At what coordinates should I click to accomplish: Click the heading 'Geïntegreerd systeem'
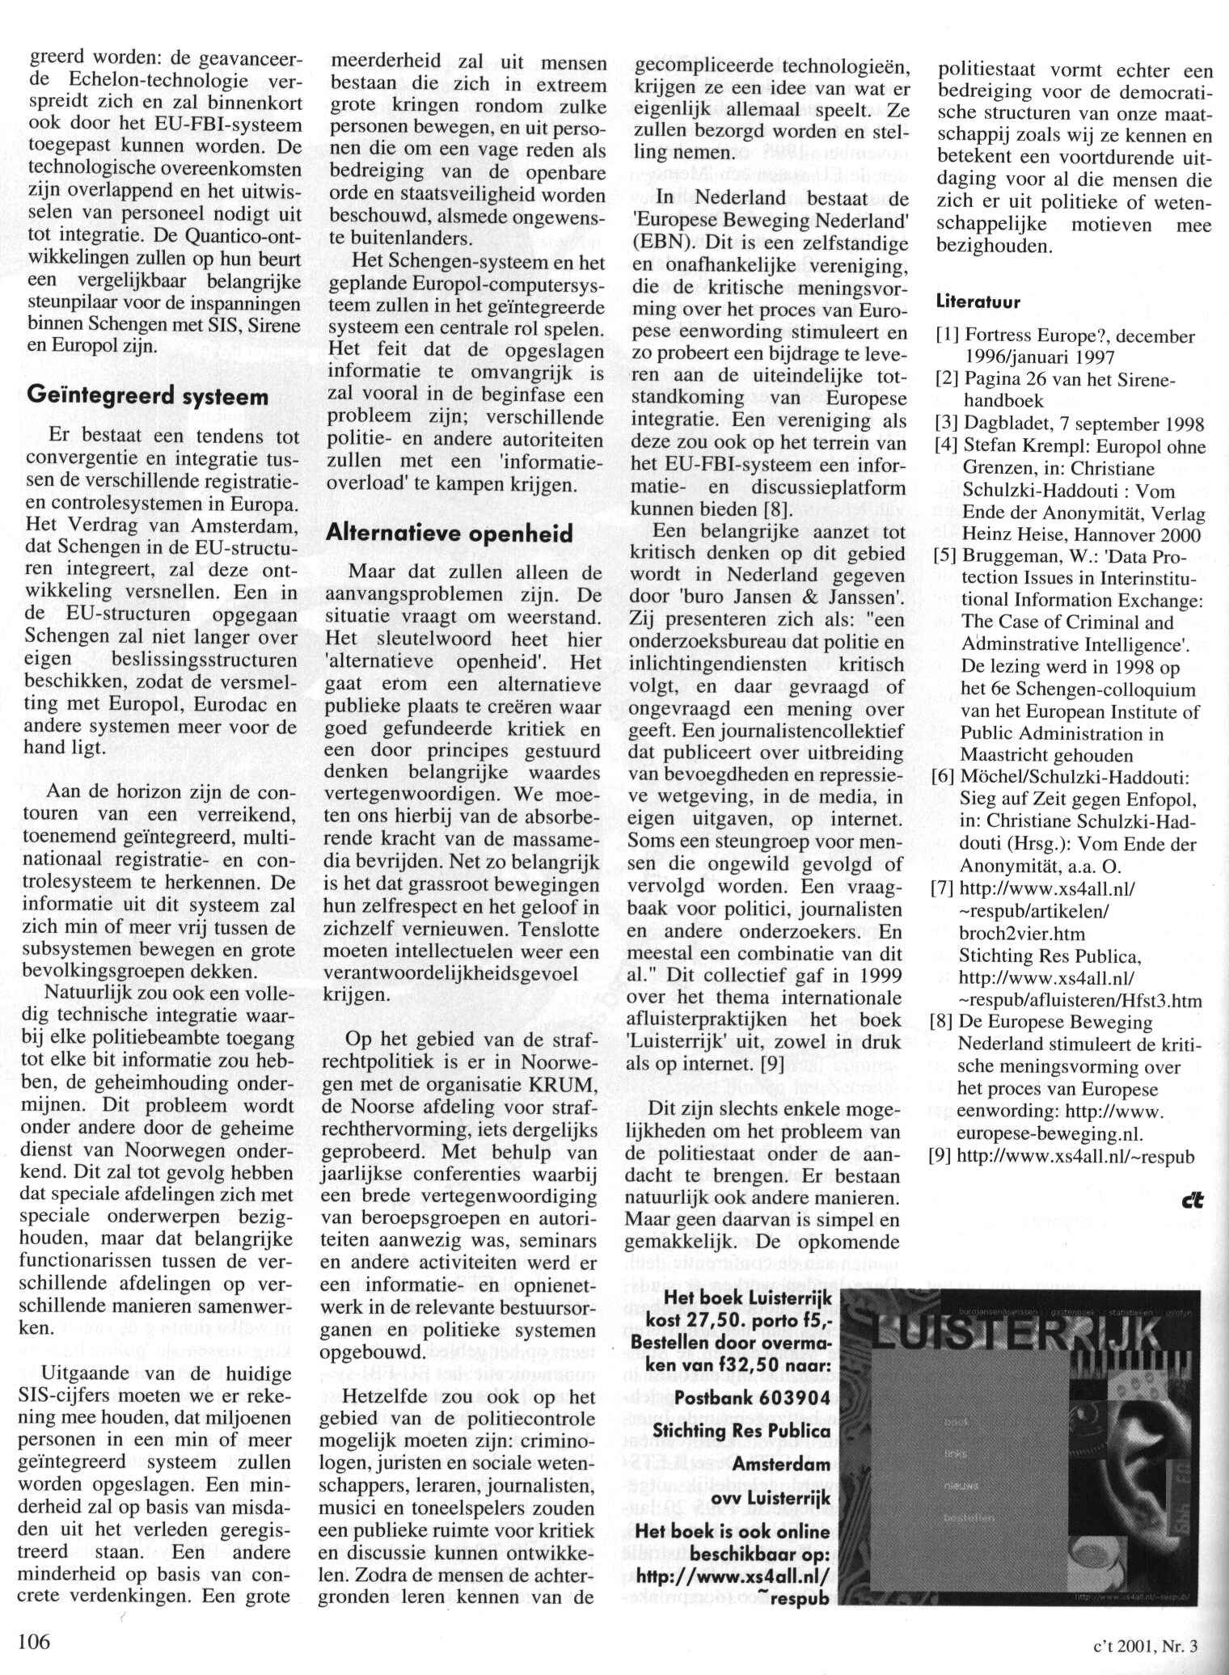148,397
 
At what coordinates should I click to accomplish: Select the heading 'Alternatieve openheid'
449,534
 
